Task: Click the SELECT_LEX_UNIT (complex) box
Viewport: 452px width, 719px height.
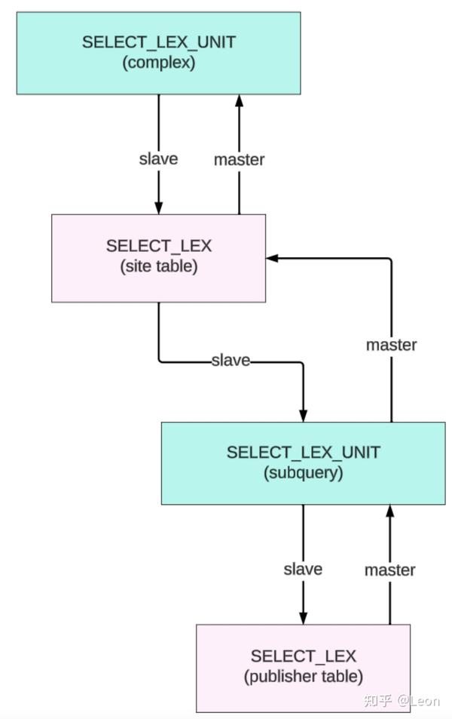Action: pos(158,53)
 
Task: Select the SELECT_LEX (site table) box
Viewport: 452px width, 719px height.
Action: pos(158,258)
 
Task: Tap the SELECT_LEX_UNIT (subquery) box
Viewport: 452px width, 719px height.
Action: pos(303,463)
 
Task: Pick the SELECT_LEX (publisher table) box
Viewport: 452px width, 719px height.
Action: pos(303,668)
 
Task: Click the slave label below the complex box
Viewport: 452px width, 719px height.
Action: pos(158,159)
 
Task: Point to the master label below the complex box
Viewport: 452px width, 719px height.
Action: pos(240,160)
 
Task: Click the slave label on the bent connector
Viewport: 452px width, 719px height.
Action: pos(231,361)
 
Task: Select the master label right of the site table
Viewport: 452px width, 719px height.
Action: pos(391,345)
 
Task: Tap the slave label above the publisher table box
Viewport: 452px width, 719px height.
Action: pos(303,569)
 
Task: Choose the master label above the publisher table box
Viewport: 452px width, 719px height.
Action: pos(390,570)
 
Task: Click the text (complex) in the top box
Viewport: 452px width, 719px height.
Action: pos(158,63)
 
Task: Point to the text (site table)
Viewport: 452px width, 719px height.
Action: pos(158,267)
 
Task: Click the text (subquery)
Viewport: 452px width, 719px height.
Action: pos(303,473)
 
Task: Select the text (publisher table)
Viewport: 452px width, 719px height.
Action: pos(303,677)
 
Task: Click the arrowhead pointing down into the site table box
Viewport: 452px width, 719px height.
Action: pos(158,208)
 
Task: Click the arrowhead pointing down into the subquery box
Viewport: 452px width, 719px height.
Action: pos(303,416)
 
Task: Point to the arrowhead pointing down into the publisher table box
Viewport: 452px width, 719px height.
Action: pos(303,618)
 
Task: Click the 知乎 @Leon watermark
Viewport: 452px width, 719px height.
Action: pos(401,701)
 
